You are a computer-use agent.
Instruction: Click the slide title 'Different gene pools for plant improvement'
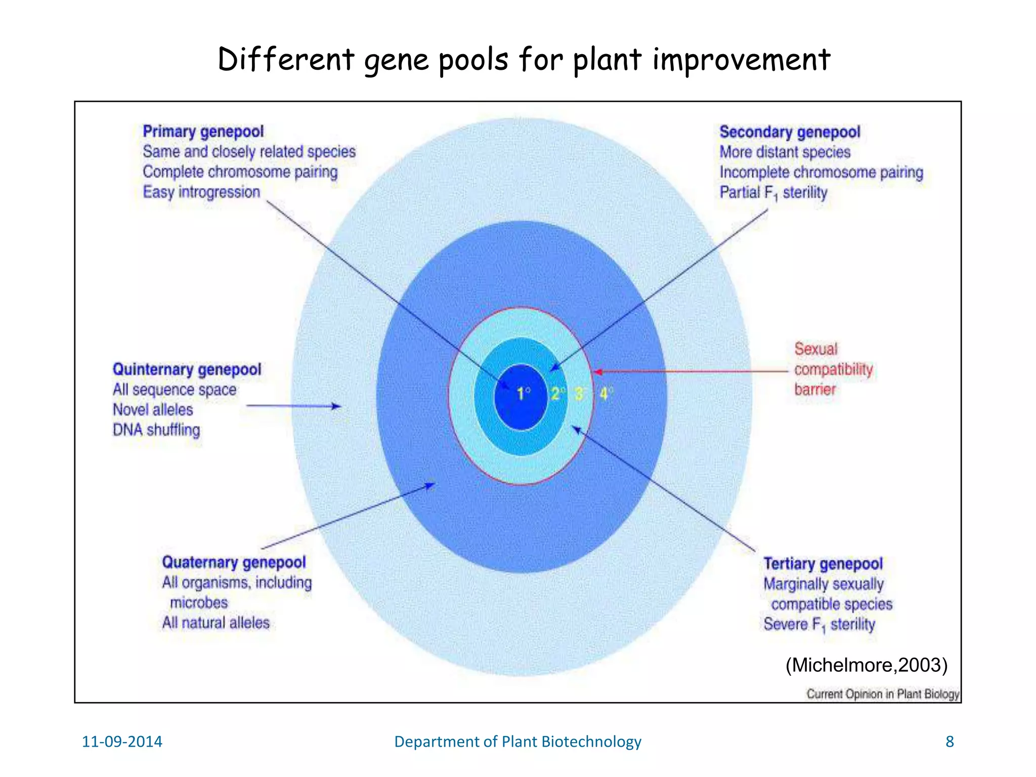click(x=524, y=60)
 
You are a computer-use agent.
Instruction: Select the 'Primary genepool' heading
click(x=203, y=132)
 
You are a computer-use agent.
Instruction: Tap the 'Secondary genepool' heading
click(x=790, y=132)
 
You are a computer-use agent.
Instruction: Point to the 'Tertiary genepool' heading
click(x=823, y=564)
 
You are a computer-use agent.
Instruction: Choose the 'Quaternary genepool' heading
click(x=234, y=562)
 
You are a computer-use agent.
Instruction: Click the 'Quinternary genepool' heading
click(x=187, y=369)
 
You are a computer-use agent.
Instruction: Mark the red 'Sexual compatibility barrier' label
click(x=833, y=369)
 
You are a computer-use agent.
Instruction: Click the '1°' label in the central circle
click(x=524, y=393)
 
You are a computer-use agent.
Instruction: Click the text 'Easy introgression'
click(x=201, y=192)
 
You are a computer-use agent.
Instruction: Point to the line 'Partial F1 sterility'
click(x=773, y=193)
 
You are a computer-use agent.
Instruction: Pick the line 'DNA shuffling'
click(x=156, y=430)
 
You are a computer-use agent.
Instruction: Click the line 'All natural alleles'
click(x=215, y=623)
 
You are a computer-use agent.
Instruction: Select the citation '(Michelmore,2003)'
click(x=866, y=665)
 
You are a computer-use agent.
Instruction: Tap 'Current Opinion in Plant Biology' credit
click(x=883, y=694)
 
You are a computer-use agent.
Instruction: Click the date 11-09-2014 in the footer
click(x=122, y=742)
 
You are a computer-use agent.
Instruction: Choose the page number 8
click(x=949, y=742)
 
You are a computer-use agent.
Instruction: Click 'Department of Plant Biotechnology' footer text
click(x=517, y=742)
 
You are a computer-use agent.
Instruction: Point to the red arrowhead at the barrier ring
click(x=597, y=372)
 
